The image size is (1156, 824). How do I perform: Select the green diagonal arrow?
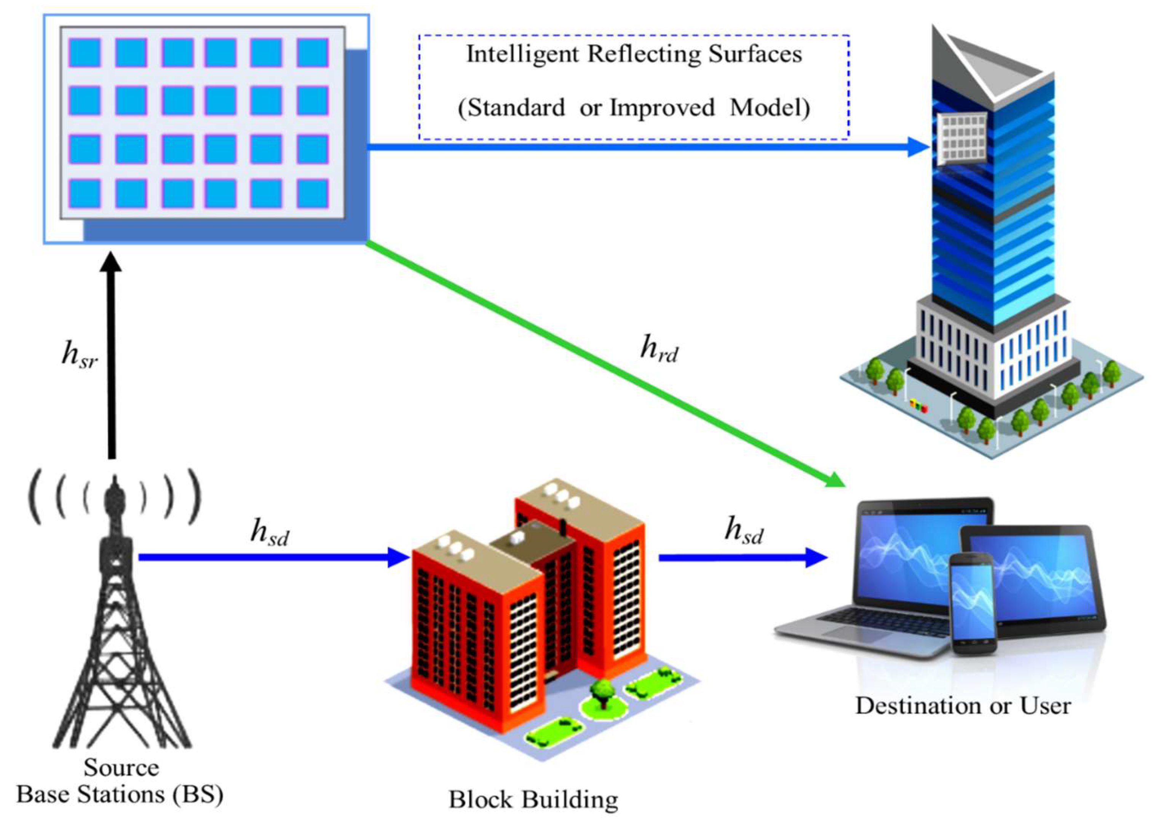coord(604,363)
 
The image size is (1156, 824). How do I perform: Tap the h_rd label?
coord(659,349)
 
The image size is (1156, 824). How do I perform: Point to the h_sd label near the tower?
coord(269,533)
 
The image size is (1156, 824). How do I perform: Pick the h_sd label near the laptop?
coord(744,531)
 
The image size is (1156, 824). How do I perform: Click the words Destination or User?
coord(962,706)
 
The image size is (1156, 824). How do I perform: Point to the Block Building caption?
coord(533,800)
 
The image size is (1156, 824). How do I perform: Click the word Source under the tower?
coord(121,768)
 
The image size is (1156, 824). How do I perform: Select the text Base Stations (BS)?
coord(120,795)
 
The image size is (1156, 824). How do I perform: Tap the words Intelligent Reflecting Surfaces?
coord(634,54)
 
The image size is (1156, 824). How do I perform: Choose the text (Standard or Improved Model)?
coord(634,107)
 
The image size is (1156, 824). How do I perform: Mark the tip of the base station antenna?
coord(115,479)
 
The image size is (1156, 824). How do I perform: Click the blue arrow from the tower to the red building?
coord(274,557)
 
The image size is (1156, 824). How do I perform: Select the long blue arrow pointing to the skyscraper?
coord(644,147)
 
